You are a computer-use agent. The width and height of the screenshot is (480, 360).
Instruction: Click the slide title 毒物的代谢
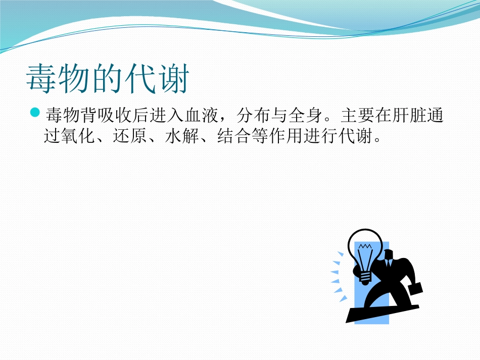108,80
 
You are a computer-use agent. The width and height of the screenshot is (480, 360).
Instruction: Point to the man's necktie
388,263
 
